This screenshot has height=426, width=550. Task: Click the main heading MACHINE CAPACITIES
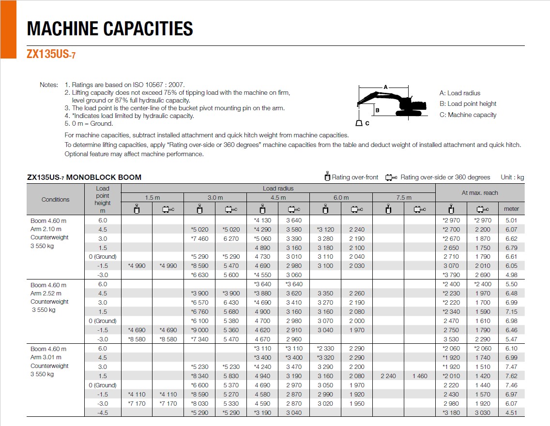tap(110, 29)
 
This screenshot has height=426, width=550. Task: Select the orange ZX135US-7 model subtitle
tap(51, 55)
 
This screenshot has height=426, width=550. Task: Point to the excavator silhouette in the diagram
tap(392, 103)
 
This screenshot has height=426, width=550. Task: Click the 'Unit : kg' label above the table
tap(512, 177)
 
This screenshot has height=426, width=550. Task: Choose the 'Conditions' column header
tap(55, 199)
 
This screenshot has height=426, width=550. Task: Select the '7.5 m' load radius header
tap(404, 197)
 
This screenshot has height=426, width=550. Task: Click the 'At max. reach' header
tap(480, 192)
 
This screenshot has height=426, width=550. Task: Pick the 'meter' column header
tap(511, 209)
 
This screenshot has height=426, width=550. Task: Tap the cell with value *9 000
tap(199, 330)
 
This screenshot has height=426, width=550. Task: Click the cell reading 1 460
tap(419, 376)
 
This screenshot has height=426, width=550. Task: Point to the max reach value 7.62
tap(511, 376)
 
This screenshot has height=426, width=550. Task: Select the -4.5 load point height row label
tap(102, 412)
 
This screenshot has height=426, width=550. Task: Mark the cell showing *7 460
tap(199, 238)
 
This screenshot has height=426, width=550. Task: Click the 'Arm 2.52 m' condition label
tap(46, 293)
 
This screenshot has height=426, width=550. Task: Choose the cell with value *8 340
tap(199, 376)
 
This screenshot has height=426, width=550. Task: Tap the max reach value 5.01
tap(511, 220)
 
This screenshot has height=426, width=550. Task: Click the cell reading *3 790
tap(451, 275)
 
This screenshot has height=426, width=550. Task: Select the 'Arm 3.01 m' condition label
tap(46, 357)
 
